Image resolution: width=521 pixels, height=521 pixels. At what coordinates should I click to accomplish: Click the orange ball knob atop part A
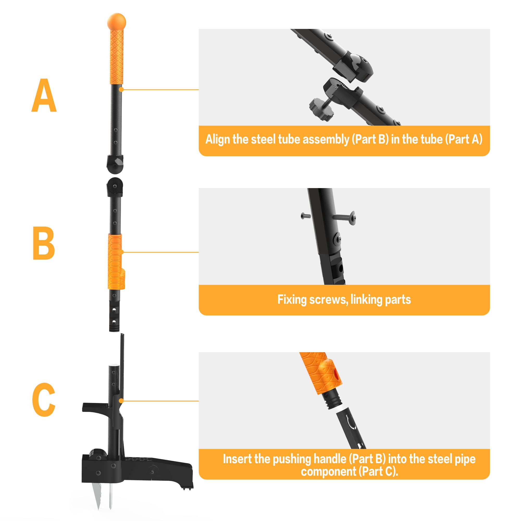(116, 21)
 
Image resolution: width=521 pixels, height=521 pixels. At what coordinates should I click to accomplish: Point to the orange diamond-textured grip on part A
(116, 57)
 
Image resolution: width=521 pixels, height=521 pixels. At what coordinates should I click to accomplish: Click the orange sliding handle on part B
(115, 261)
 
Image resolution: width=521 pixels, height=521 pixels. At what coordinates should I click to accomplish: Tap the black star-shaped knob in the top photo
(321, 109)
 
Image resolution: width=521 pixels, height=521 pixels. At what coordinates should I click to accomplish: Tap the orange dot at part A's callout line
(121, 89)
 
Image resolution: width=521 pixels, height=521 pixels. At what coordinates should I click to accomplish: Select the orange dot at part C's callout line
(121, 401)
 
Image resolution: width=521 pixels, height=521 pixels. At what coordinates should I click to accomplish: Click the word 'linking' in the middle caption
(366, 300)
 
